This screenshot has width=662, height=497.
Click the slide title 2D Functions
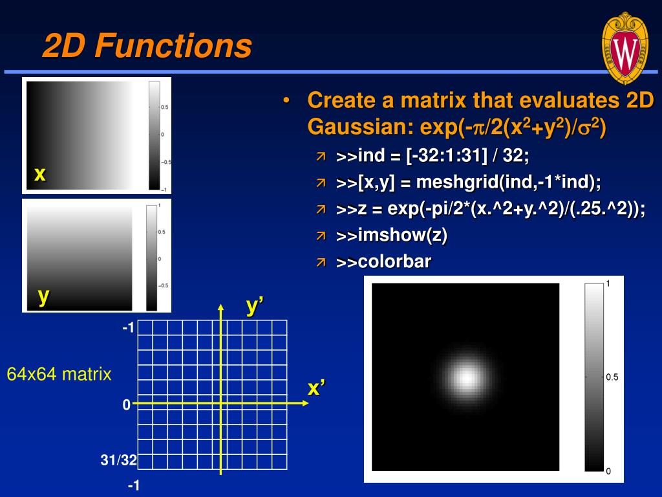[147, 47]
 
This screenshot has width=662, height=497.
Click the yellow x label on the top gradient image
[40, 173]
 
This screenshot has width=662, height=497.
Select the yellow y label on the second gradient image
[43, 295]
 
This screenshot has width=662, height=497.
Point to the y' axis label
[255, 307]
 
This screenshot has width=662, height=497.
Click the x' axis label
[316, 388]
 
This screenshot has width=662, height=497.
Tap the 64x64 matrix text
[59, 374]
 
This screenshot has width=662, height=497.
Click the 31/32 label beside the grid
[118, 461]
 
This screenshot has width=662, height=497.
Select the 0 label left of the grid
[127, 405]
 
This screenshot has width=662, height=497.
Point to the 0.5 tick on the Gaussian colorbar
[612, 377]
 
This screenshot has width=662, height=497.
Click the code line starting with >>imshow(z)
[392, 236]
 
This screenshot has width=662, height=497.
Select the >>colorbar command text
[383, 262]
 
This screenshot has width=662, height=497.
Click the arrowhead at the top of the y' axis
[221, 307]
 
